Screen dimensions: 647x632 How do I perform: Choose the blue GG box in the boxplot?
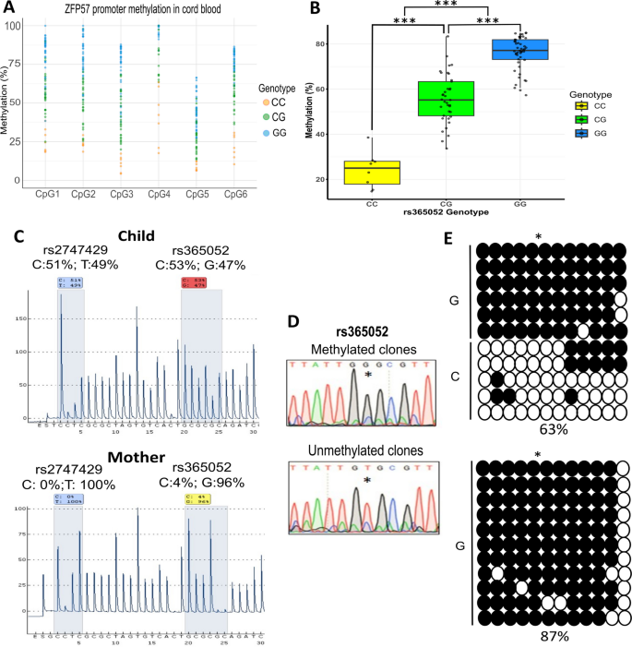[x=520, y=50]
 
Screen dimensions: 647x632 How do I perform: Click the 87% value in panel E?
[x=551, y=638]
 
